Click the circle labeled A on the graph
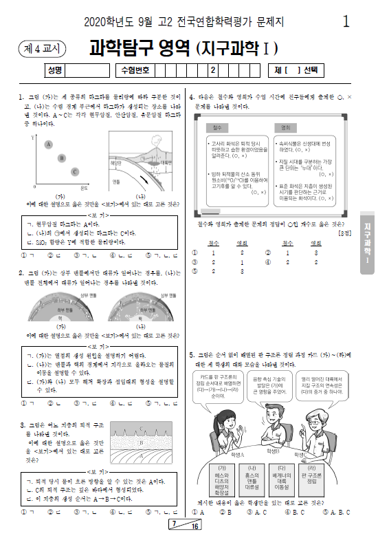click(x=48, y=144)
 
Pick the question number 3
click(x=23, y=425)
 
